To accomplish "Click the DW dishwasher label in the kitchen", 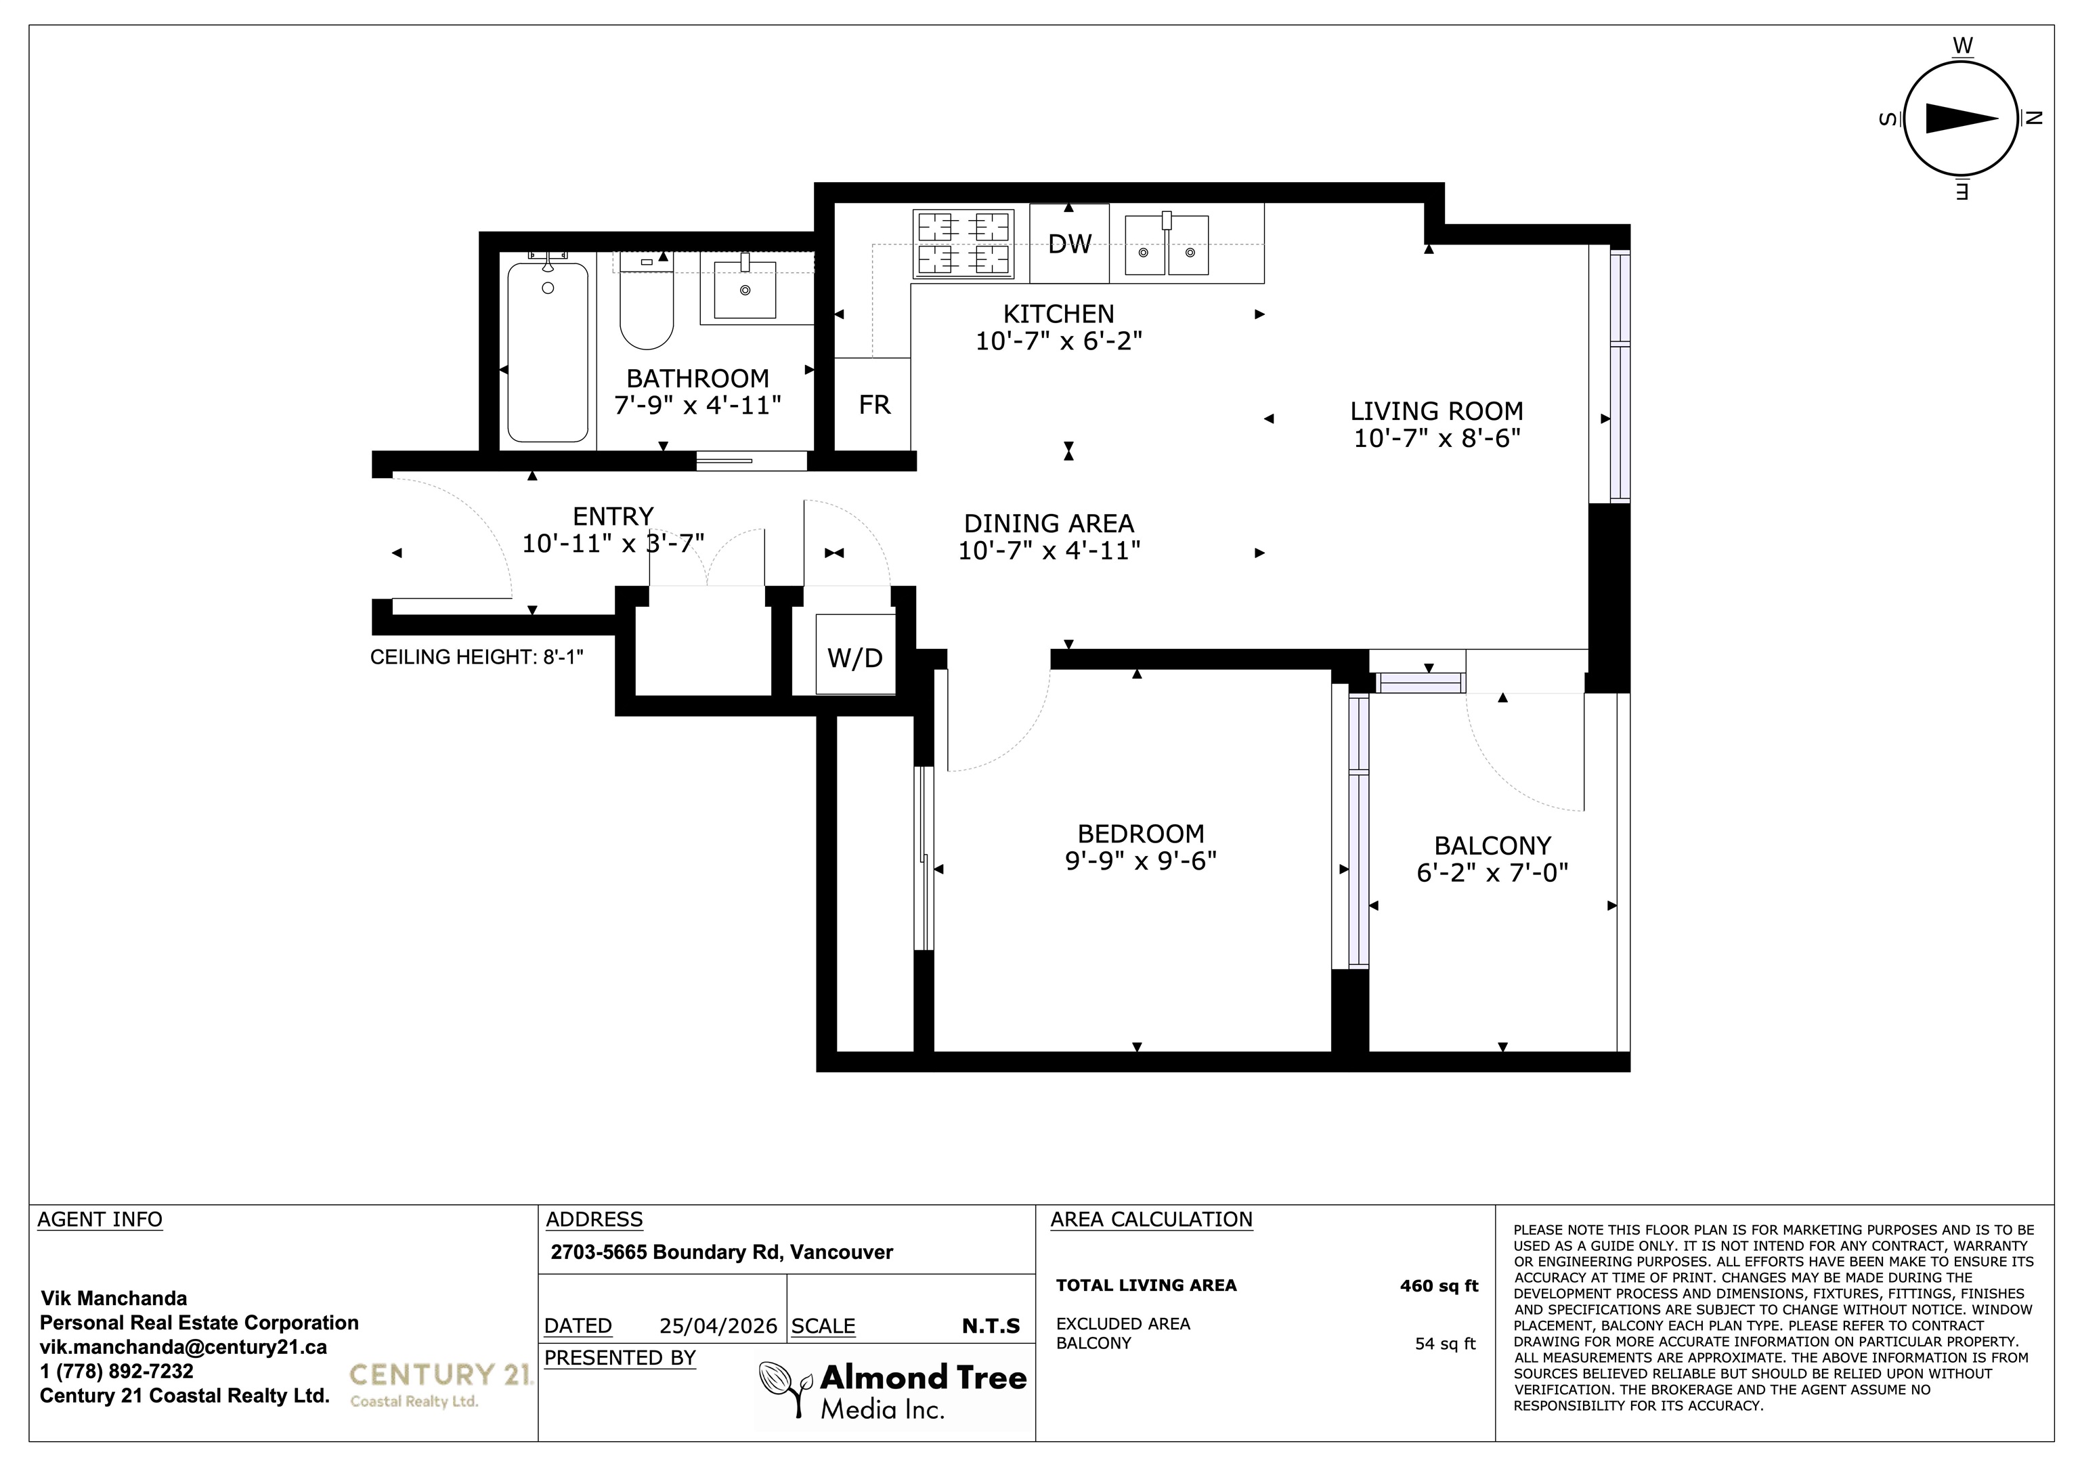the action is [1070, 243].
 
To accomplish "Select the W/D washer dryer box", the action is [855, 654].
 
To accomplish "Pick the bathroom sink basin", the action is [745, 289].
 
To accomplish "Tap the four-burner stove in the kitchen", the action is [963, 243].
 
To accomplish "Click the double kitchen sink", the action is [1167, 244].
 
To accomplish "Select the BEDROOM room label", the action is [1141, 833].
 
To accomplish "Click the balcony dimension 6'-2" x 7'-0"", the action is [1492, 872].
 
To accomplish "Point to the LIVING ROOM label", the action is [1437, 410].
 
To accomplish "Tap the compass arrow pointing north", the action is [1962, 119].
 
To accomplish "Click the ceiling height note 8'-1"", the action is [477, 657].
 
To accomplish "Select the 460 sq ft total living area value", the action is [1439, 1285].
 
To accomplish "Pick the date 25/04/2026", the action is [718, 1326].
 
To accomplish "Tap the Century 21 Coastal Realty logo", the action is [440, 1384].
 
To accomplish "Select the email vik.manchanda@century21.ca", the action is [183, 1347].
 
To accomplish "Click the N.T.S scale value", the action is [991, 1326].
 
